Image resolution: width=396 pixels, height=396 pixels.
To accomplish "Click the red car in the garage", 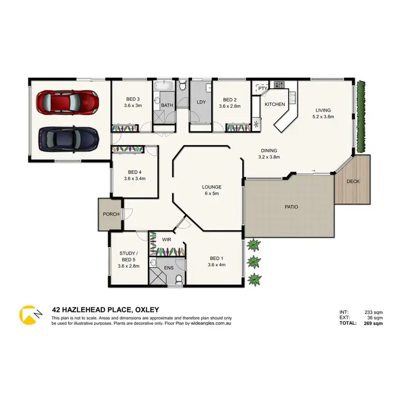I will tap(67, 101).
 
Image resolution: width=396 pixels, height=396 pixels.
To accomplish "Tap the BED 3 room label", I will tap(133, 99).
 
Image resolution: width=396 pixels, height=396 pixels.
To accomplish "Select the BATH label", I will tap(167, 105).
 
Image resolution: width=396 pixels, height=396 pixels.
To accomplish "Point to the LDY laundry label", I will tap(201, 102).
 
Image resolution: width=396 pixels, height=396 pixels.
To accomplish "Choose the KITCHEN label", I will tap(275, 104).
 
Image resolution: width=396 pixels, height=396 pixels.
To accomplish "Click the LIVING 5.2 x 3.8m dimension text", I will tap(324, 116).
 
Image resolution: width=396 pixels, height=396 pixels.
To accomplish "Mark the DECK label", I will tap(352, 182).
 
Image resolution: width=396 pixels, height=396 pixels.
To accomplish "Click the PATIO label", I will tap(291, 206).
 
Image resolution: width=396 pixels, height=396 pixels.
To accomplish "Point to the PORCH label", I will tap(110, 214).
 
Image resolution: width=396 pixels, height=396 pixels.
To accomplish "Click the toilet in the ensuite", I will tap(178, 278).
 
